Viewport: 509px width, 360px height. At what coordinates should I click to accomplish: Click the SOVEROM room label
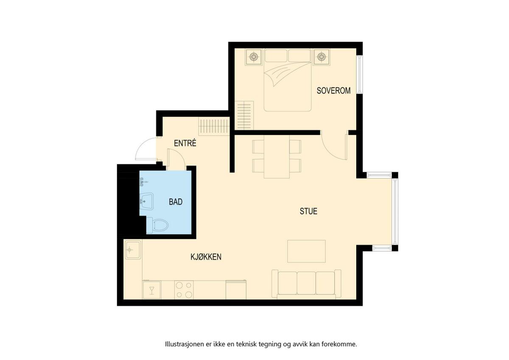click(333, 90)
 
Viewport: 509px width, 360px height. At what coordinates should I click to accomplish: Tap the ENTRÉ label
click(185, 143)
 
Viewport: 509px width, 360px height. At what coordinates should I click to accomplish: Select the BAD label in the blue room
click(176, 202)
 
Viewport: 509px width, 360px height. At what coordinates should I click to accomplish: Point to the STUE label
click(308, 211)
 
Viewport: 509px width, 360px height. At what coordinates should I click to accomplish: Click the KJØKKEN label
click(206, 257)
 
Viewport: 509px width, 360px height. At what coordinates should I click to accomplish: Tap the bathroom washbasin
click(147, 201)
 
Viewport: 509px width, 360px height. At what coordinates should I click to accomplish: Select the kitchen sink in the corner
click(133, 250)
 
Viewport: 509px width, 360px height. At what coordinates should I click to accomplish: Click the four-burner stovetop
click(184, 290)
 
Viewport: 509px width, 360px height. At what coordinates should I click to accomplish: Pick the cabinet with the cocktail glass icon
click(151, 290)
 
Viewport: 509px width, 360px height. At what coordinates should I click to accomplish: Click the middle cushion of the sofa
click(306, 283)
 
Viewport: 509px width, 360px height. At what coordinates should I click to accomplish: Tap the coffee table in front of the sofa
click(306, 251)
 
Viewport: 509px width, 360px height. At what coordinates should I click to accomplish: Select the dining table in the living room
click(277, 157)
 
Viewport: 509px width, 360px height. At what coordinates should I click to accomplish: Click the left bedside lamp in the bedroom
click(253, 56)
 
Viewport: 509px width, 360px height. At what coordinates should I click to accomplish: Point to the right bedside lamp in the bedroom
click(321, 56)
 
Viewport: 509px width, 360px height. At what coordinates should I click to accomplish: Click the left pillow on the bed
click(276, 56)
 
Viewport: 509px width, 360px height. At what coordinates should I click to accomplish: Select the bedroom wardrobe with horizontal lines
click(244, 115)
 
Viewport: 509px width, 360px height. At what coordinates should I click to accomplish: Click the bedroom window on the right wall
click(359, 74)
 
